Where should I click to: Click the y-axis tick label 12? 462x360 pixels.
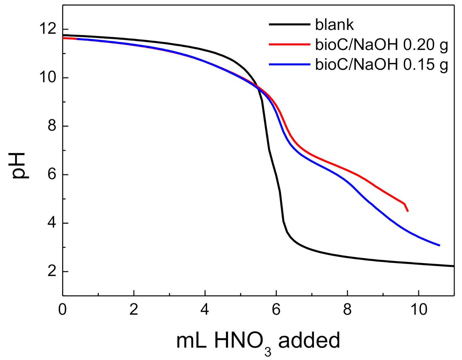click(x=48, y=29)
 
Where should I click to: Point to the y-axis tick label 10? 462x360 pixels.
click(x=48, y=78)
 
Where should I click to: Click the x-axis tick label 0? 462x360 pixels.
click(x=62, y=310)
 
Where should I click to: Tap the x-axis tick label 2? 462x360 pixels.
click(x=134, y=310)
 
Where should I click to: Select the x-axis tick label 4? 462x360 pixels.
click(x=205, y=310)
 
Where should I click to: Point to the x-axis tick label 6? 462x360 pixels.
click(x=276, y=310)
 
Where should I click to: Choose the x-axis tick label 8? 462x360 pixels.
click(x=347, y=310)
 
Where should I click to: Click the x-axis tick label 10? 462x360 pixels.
click(x=418, y=310)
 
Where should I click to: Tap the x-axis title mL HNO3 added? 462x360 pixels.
click(x=258, y=341)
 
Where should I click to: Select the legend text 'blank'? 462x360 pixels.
click(x=334, y=24)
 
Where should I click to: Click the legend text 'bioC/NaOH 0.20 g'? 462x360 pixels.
click(x=381, y=45)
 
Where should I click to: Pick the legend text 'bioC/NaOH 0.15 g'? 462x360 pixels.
click(x=381, y=64)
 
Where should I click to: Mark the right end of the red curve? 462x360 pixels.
click(x=408, y=211)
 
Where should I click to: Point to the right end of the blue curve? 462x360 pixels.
click(x=440, y=245)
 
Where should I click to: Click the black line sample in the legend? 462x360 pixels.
click(x=290, y=24)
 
